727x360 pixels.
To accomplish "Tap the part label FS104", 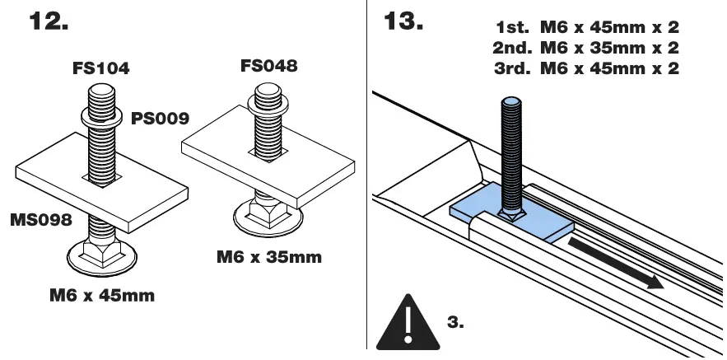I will pos(99,69).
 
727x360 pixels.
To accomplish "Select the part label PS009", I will pos(160,119).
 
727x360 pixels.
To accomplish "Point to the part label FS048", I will pos(268,66).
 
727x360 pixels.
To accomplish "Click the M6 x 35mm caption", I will pos(269,257).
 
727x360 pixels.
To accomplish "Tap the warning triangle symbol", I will pos(405,323).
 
